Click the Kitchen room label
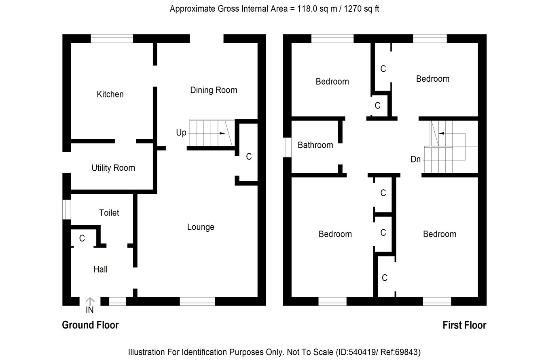point(110,94)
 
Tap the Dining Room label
point(214,90)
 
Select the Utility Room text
point(113,168)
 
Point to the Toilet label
point(109,213)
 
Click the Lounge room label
point(201,227)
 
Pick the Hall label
point(100,269)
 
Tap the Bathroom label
point(315,145)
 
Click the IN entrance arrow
point(90,301)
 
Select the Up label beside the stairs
point(181,133)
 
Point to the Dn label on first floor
point(416,159)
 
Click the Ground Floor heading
point(90,325)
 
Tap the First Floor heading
point(464,325)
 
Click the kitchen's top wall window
point(112,38)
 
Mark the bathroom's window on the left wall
point(287,148)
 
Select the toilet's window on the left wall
point(67,210)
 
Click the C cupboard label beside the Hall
point(82,238)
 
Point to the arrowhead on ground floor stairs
point(222,133)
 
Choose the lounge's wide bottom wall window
point(197,301)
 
